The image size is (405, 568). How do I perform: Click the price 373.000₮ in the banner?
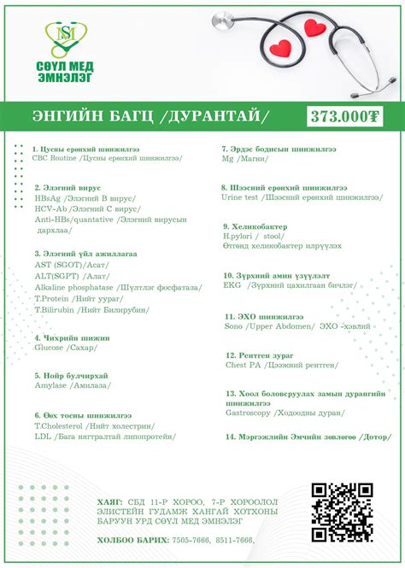345,115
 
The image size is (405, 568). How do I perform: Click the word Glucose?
49,348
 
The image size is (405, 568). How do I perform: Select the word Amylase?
50,386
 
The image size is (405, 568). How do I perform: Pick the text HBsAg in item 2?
48,196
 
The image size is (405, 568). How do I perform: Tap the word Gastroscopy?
249,413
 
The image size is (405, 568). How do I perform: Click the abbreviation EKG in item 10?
232,286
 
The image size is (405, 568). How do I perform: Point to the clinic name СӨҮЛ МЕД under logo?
67,67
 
